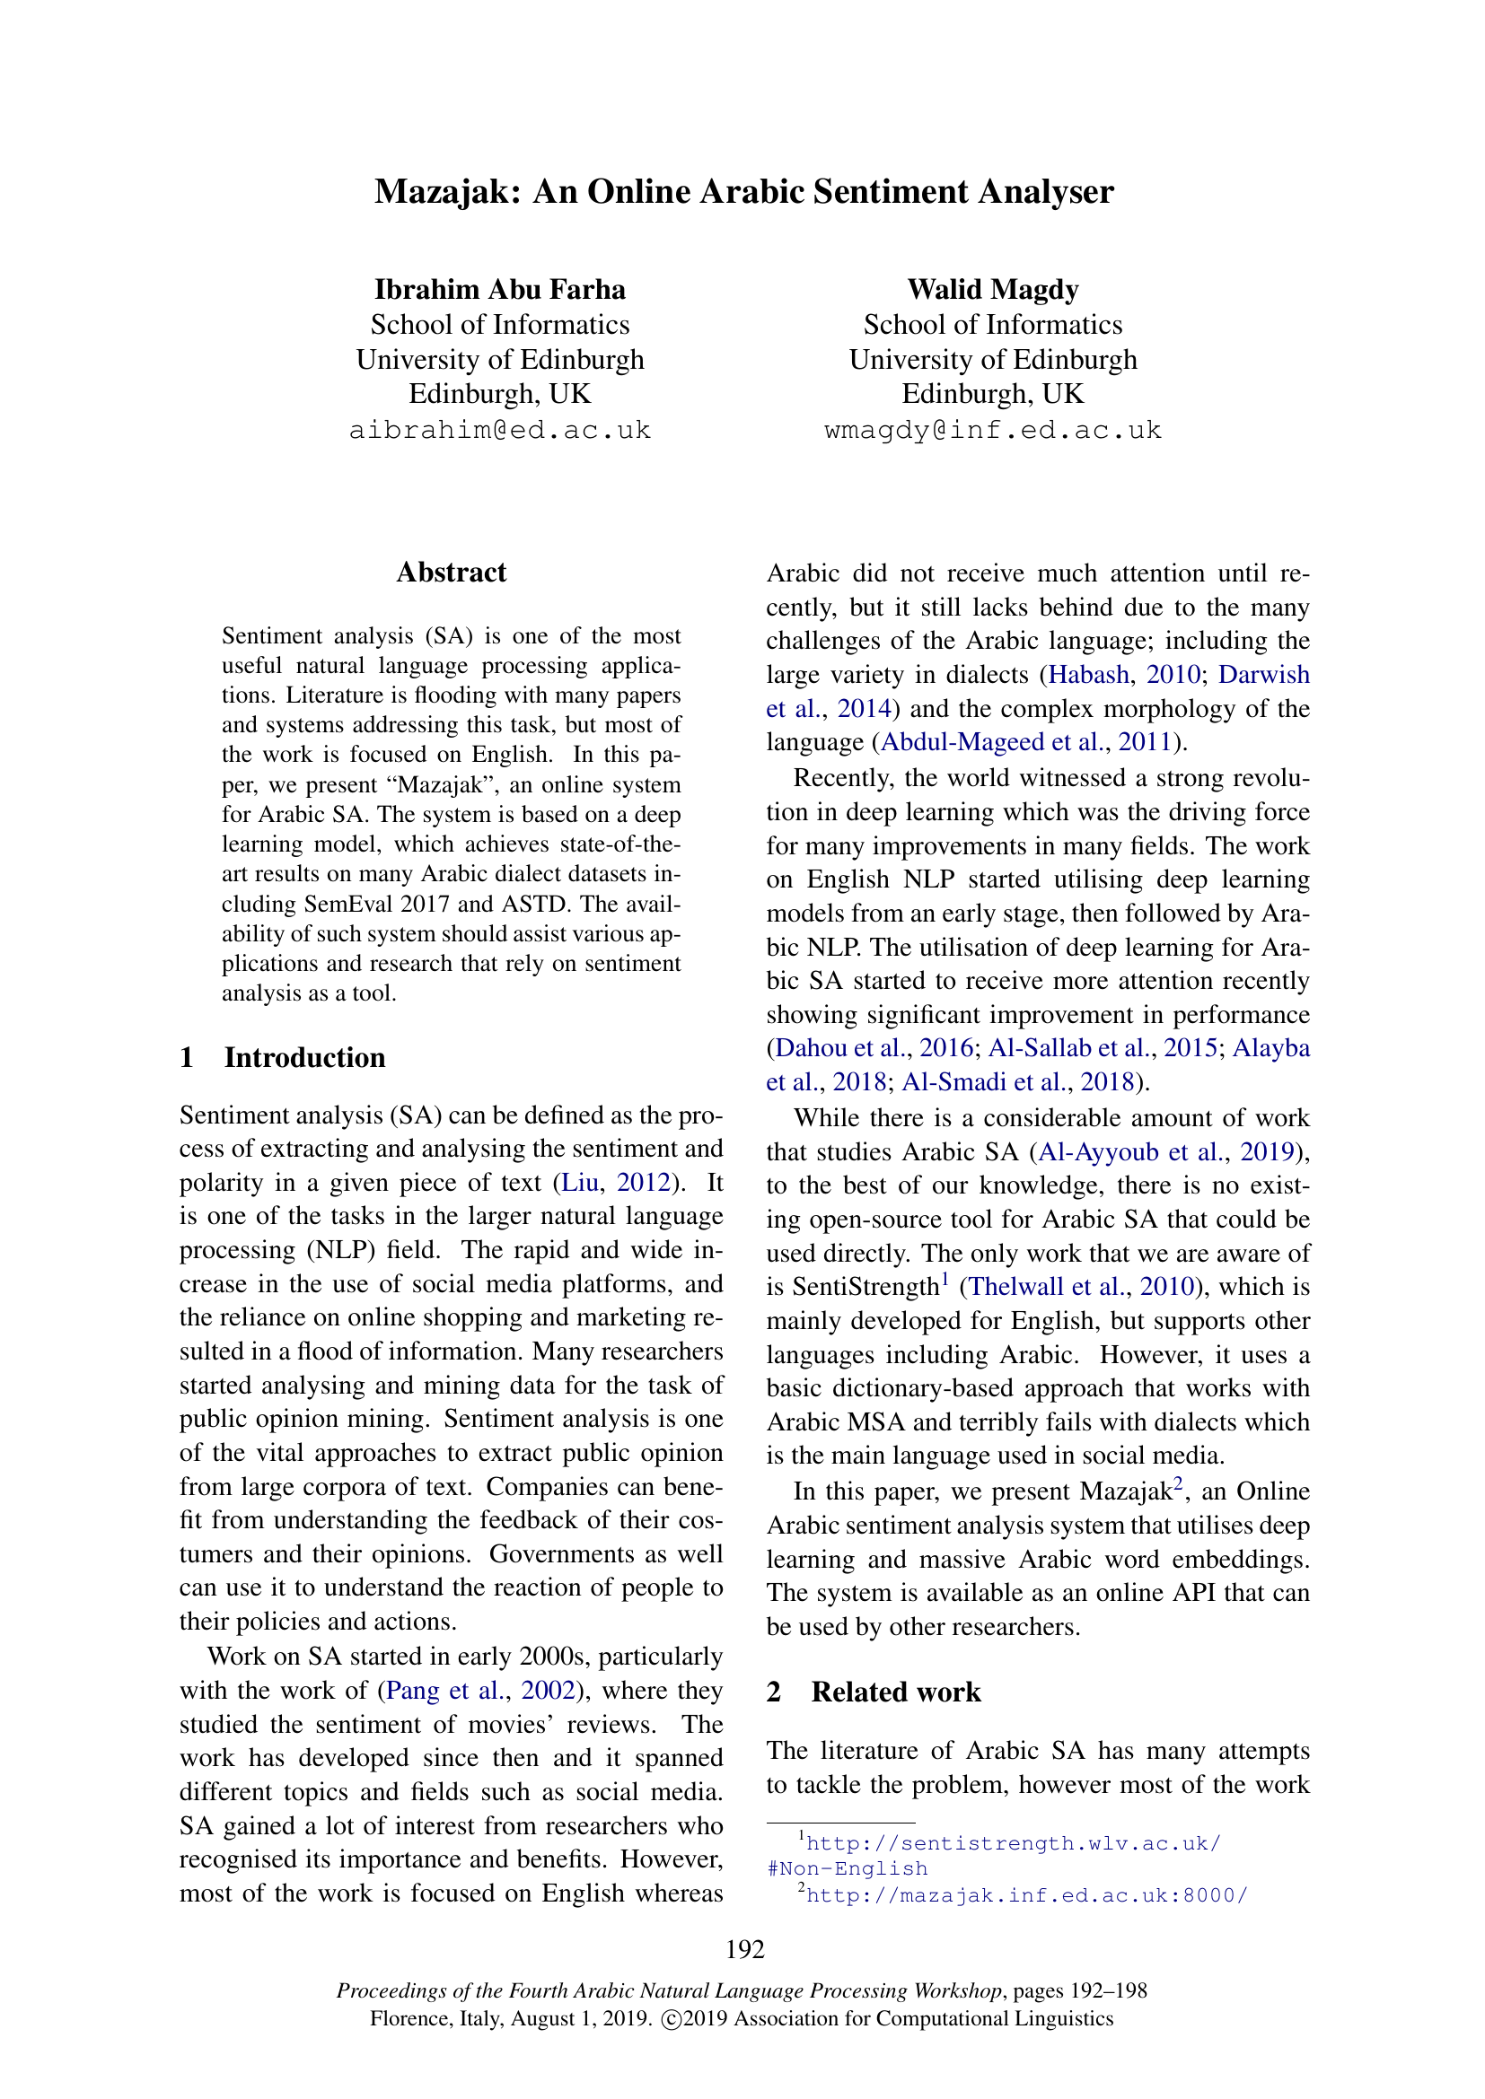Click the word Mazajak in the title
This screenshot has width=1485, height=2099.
pyautogui.click(x=446, y=192)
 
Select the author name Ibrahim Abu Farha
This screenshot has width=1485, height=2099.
pyautogui.click(x=500, y=290)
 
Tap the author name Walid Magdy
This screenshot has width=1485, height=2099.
pyautogui.click(x=993, y=290)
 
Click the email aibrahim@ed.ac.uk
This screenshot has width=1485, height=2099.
pyautogui.click(x=500, y=431)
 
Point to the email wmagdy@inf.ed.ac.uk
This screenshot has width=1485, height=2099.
pyautogui.click(x=993, y=431)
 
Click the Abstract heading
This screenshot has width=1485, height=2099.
pyautogui.click(x=452, y=573)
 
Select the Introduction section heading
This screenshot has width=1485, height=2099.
pyautogui.click(x=304, y=1058)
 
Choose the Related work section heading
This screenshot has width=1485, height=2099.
pyautogui.click(x=896, y=1692)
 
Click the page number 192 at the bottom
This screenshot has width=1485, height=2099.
pyautogui.click(x=745, y=1950)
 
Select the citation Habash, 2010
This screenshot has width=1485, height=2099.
pyautogui.click(x=1125, y=675)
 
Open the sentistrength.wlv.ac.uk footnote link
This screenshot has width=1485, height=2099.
pyautogui.click(x=1014, y=1843)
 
